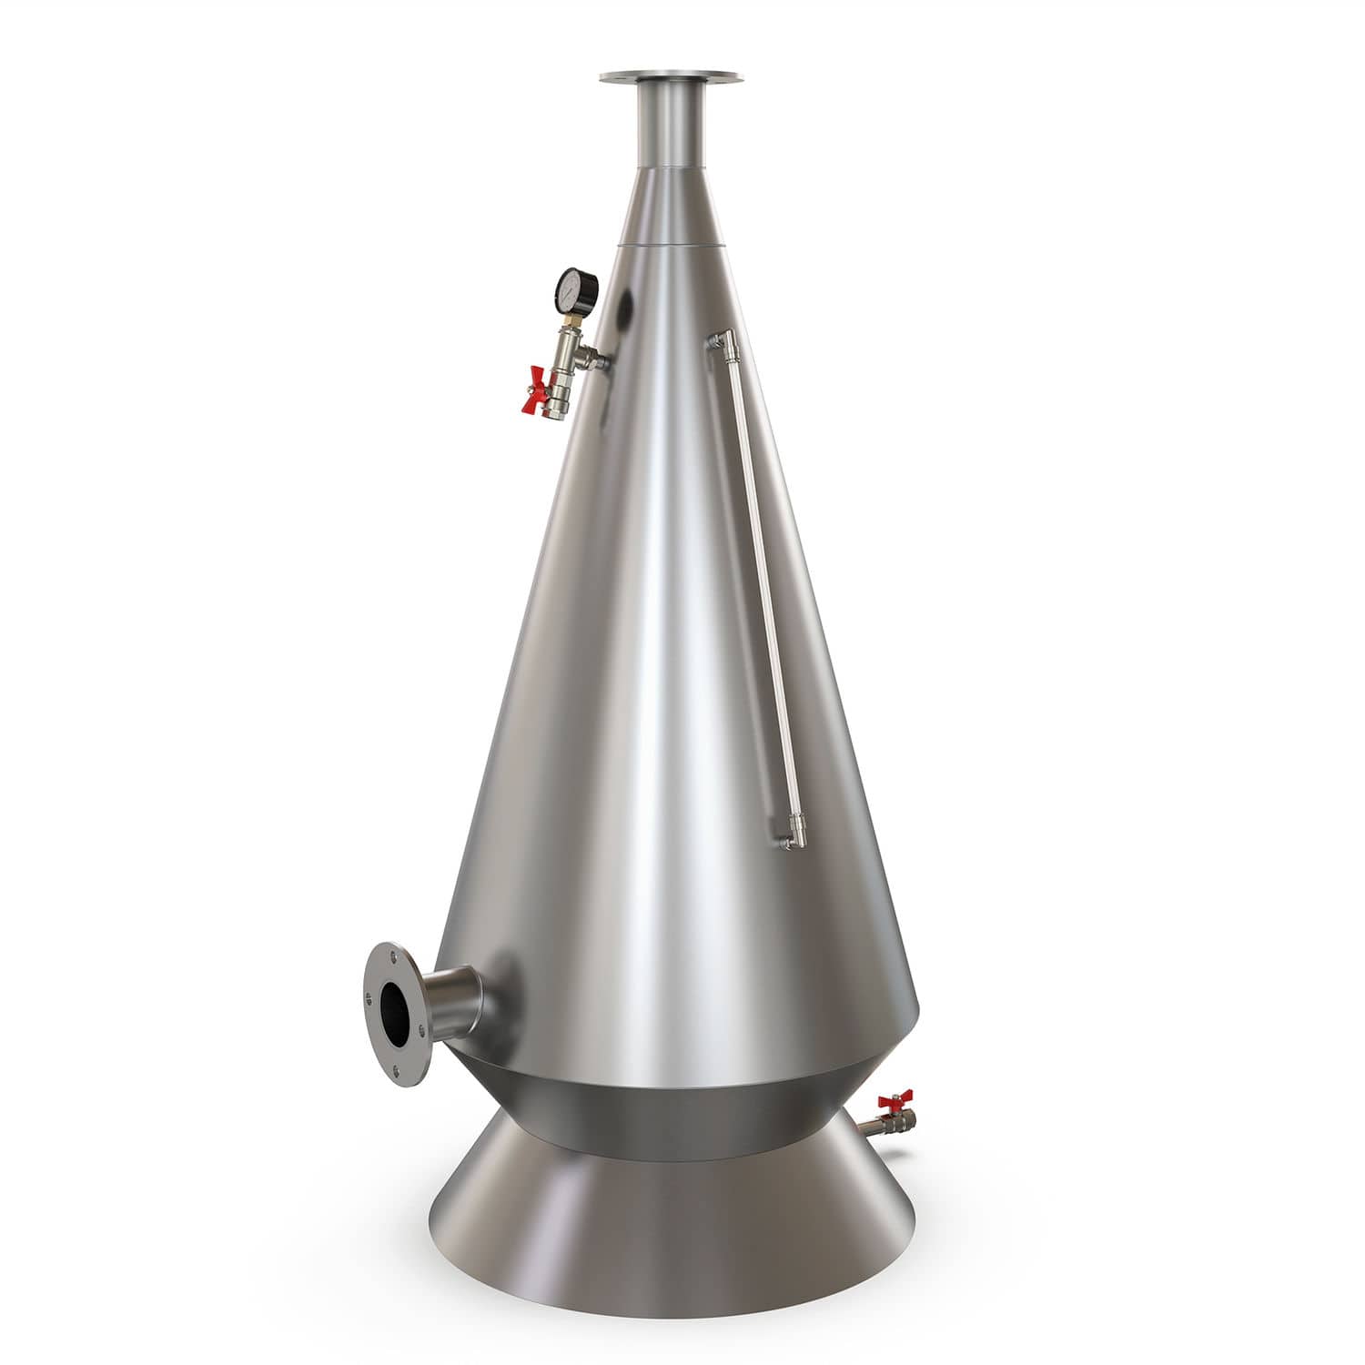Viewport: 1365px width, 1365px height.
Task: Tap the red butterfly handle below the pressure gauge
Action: point(539,388)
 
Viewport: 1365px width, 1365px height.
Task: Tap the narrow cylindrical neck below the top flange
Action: point(673,127)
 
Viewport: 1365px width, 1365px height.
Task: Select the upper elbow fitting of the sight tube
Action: point(722,344)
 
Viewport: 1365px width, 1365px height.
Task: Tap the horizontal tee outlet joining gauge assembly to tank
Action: point(595,359)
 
